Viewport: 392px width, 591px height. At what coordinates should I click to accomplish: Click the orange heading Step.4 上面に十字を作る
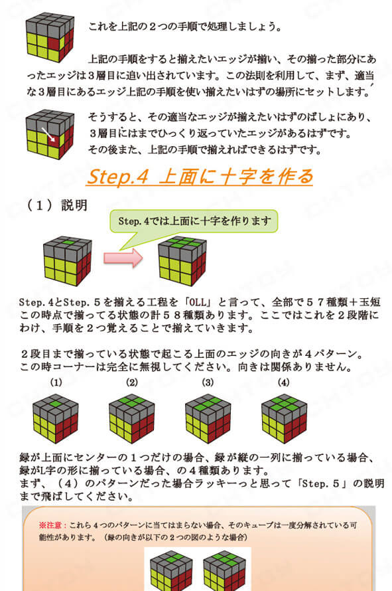pos(200,177)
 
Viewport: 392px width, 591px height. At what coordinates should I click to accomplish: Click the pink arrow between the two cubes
pos(123,258)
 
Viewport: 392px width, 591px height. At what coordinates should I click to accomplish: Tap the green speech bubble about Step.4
pos(194,222)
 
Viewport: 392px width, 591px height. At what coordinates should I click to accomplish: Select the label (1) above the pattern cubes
pos(56,382)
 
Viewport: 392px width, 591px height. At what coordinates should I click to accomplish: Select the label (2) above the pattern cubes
pos(132,382)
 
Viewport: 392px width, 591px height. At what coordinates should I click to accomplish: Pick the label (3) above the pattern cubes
pos(208,382)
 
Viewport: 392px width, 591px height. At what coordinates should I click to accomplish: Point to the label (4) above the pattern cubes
pos(283,382)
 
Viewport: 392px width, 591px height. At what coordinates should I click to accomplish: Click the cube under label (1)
pos(55,419)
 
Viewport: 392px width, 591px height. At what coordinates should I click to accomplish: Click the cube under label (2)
pos(132,419)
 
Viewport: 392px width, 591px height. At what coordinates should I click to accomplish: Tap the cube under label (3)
pos(208,419)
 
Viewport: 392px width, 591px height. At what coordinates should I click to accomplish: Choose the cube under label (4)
pos(285,419)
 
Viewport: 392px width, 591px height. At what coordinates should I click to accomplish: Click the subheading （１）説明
pos(57,205)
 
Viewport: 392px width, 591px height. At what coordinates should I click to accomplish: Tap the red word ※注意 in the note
pos(51,525)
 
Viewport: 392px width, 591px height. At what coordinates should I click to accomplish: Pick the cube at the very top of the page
pos(50,37)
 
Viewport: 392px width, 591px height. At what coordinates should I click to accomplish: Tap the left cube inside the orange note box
pos(171,570)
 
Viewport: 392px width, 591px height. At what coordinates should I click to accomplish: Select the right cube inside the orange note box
pos(224,570)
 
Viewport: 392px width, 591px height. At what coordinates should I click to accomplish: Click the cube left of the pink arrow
pos(68,261)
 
